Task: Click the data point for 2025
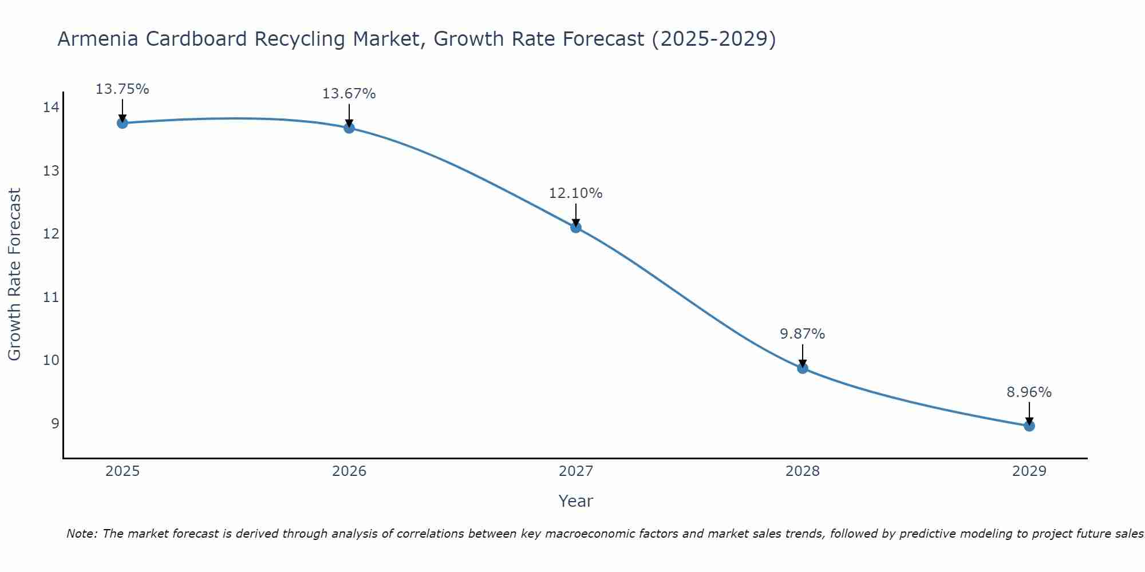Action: click(122, 123)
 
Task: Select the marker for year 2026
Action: click(349, 128)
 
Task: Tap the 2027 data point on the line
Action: click(576, 227)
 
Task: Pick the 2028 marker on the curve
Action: click(803, 368)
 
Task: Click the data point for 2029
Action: click(1029, 426)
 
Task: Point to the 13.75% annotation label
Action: click(122, 89)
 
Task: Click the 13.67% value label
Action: click(349, 94)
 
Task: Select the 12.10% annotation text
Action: click(575, 193)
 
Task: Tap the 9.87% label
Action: click(802, 334)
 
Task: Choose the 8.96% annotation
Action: click(1029, 392)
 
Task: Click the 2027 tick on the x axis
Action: click(576, 471)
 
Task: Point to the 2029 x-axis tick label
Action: click(1029, 471)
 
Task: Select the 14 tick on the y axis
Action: click(51, 108)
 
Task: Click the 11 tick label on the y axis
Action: click(51, 297)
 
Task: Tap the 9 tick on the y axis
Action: click(55, 423)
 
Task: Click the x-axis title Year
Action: click(575, 501)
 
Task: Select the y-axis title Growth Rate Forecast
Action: click(15, 275)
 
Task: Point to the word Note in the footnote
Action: click(81, 534)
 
